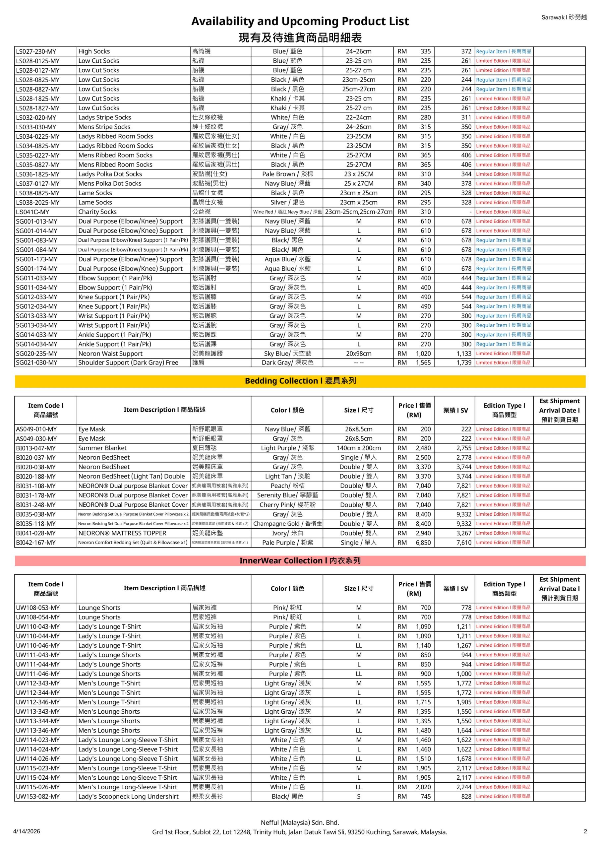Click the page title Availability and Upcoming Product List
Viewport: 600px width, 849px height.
click(300, 21)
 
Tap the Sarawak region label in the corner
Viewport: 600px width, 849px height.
click(564, 17)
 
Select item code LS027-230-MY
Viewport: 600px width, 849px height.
click(36, 51)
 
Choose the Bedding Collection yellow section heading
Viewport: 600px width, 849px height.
click(300, 381)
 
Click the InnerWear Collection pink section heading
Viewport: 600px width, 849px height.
click(300, 560)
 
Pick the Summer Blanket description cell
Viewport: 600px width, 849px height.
click(102, 448)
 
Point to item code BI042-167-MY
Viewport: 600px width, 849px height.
click(36, 543)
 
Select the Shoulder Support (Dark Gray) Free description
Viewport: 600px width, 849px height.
click(128, 363)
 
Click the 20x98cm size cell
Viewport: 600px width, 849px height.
click(359, 354)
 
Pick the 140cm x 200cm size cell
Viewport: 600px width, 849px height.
click(359, 448)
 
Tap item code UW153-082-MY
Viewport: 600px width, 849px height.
click(38, 797)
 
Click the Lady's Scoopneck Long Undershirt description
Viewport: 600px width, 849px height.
click(128, 797)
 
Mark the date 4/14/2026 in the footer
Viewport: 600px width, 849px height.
click(26, 831)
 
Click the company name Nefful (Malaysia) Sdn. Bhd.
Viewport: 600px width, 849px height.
click(300, 822)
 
